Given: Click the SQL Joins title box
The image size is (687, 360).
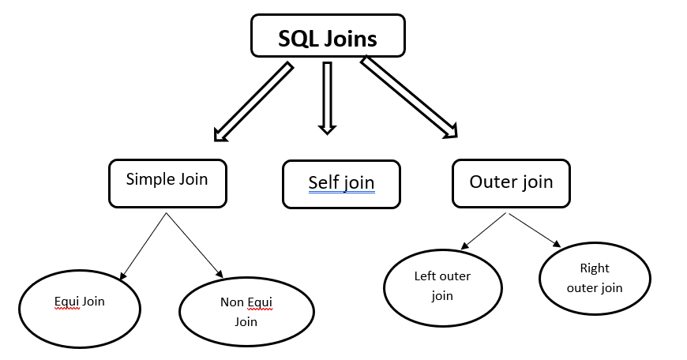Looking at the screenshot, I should (328, 36).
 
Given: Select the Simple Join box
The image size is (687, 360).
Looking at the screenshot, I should (167, 183).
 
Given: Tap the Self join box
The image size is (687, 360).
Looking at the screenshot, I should (341, 184).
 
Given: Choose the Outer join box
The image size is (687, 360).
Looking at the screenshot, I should (511, 183).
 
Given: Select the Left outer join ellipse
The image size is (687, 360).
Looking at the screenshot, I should (442, 287).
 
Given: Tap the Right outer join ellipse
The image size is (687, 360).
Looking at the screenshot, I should (595, 279).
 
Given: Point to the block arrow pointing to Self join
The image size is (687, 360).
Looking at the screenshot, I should (327, 97).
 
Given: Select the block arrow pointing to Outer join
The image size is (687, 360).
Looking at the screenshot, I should (408, 98).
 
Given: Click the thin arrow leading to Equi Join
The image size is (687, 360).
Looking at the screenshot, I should (142, 246).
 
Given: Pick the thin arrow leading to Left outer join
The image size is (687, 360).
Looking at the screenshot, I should (482, 230).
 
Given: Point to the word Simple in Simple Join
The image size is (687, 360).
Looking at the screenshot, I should (148, 179).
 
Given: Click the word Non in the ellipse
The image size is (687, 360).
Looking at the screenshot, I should (230, 302).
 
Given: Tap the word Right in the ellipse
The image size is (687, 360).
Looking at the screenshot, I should (595, 268).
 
